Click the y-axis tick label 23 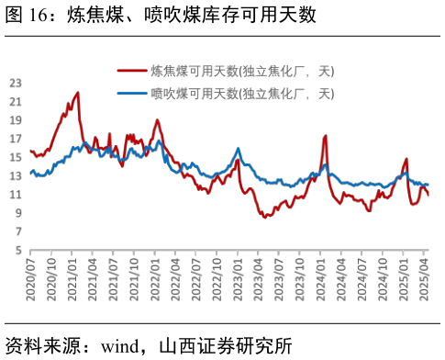15,83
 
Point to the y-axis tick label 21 15,101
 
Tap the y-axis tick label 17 15,139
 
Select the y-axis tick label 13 15,176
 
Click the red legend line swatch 132,71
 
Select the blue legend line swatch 132,94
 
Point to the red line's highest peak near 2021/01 78,92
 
